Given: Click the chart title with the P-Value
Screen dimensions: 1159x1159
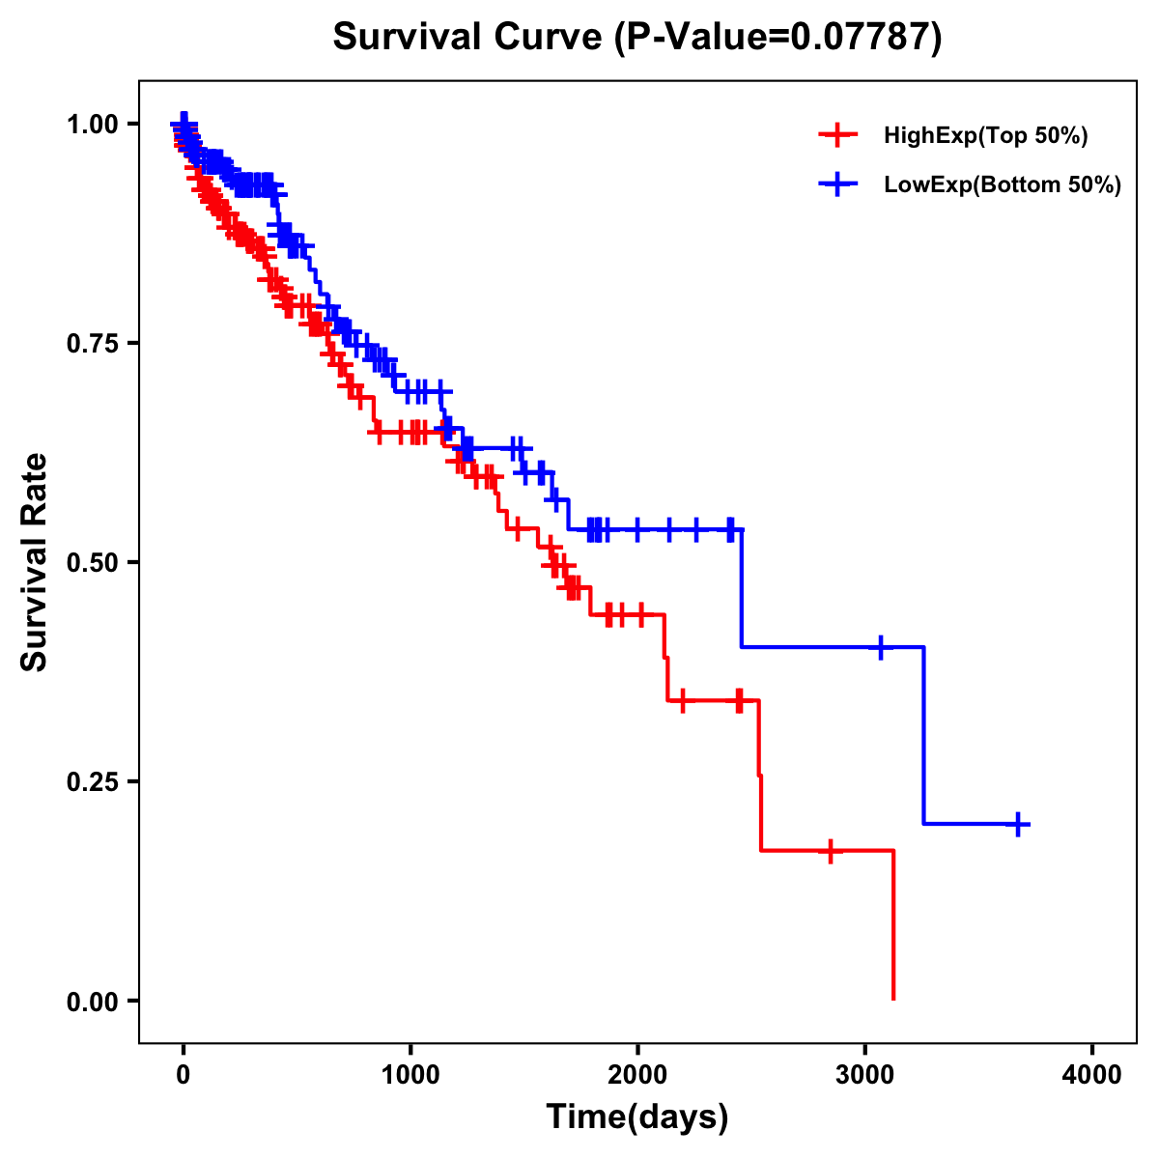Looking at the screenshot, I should coord(636,37).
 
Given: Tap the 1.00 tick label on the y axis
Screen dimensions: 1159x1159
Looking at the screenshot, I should coord(92,124).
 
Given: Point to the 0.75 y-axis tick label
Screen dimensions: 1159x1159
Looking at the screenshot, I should coord(92,343).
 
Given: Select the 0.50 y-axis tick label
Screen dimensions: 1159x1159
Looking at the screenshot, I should coord(92,562).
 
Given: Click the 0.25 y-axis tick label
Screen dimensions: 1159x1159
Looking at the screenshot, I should coord(92,781).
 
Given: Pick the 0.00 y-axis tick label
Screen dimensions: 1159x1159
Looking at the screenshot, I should coord(92,1001).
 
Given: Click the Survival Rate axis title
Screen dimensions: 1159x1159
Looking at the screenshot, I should coord(35,562).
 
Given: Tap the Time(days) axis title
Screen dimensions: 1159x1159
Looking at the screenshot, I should coord(637,1117).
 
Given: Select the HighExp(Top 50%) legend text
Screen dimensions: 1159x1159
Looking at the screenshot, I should coord(986,136).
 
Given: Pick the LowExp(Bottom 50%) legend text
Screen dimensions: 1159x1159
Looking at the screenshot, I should coord(1003,185).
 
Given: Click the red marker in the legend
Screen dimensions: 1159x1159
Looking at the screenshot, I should coord(837,135).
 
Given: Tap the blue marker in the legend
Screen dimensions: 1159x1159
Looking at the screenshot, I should coord(837,184).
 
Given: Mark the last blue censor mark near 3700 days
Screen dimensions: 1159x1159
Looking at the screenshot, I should coord(1018,824).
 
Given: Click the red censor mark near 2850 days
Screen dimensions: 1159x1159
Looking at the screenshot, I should coord(830,851).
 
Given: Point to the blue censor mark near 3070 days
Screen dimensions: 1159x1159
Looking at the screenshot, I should coord(880,647).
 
